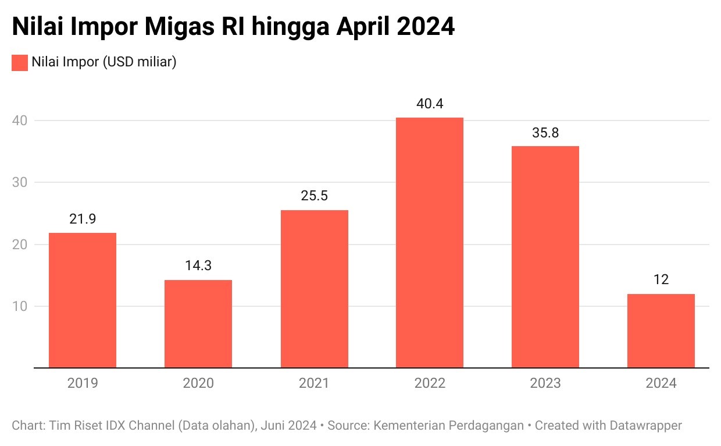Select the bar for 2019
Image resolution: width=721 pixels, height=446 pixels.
click(x=83, y=300)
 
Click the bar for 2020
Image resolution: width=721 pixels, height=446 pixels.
click(x=198, y=324)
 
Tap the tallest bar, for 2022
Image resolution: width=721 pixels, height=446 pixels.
click(x=430, y=242)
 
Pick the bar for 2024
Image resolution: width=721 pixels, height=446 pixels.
click(x=661, y=331)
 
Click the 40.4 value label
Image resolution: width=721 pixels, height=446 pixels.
click(x=430, y=104)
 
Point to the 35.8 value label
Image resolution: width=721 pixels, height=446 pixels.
click(x=545, y=133)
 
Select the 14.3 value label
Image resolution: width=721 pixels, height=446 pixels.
click(x=198, y=266)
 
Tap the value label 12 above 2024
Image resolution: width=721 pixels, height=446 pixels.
click(x=661, y=279)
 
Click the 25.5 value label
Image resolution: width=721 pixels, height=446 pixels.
click(x=314, y=196)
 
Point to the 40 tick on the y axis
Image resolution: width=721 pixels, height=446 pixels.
click(x=20, y=121)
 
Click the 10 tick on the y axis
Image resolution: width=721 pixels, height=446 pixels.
click(x=20, y=306)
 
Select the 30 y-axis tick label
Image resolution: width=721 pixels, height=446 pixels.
click(x=20, y=183)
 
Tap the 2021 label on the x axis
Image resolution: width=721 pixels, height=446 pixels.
click(x=314, y=383)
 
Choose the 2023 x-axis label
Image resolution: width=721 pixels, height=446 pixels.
click(x=545, y=383)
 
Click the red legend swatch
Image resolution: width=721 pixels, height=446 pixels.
click(x=20, y=62)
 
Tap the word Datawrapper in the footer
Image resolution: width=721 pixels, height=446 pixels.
click(x=645, y=426)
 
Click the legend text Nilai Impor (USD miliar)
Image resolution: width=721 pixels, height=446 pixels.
click(x=104, y=62)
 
